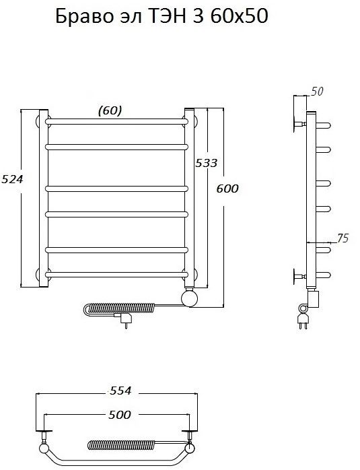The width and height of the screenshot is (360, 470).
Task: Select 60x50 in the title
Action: coord(240,15)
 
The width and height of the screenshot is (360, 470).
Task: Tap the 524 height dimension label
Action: coord(12,179)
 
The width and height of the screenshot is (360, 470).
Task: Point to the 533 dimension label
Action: coord(206,163)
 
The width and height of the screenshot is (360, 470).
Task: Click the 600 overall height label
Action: coord(227,189)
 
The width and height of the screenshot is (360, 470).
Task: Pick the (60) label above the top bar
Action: coord(110,110)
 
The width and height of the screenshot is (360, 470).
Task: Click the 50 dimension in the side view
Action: coord(317,91)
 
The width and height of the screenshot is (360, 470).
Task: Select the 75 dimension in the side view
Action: coord(343,238)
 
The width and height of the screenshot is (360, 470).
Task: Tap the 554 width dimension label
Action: coord(120,391)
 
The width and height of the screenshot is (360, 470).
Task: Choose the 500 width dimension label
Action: coord(120,415)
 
